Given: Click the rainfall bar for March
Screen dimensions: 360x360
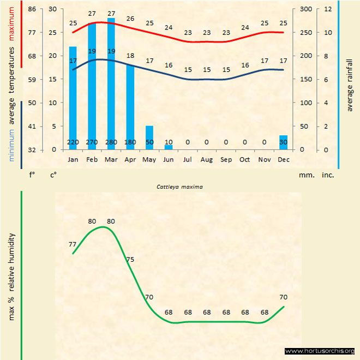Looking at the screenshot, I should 111,82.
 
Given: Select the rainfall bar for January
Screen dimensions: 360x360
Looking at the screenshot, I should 73,98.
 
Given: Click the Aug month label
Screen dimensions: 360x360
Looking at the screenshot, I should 207,160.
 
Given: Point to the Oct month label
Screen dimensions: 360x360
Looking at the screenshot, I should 245,160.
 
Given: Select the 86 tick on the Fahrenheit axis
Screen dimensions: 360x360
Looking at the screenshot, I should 32,9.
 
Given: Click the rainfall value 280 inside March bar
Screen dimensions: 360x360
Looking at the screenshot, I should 111,142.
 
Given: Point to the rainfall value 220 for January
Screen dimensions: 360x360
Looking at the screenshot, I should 73,142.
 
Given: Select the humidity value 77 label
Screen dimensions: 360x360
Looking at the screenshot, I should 73,244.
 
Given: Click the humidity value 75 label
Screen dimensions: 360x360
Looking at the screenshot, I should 130,260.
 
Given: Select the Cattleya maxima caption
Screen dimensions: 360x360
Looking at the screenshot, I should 180,187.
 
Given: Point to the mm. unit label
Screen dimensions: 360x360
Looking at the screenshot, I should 305,175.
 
